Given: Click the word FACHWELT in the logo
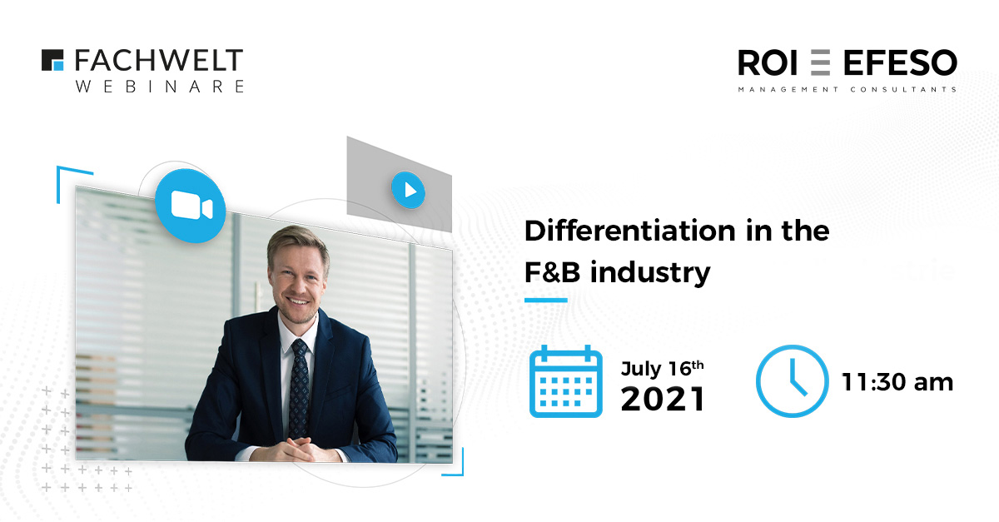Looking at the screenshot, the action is [159, 60].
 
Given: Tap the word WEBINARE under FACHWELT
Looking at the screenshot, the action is [160, 86].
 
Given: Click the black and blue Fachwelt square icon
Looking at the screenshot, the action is [52, 60].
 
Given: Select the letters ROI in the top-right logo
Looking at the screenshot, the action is [767, 63].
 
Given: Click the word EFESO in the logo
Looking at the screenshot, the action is [900, 63].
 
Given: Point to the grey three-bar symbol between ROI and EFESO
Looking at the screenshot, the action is [820, 63].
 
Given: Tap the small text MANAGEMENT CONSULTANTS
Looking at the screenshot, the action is [847, 90].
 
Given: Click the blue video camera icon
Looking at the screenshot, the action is [191, 206].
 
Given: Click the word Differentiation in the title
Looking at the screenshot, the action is [629, 231].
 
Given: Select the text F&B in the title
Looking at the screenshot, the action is [552, 271].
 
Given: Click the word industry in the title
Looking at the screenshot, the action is [650, 273].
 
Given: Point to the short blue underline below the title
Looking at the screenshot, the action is [546, 301].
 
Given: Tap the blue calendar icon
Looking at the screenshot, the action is [566, 381].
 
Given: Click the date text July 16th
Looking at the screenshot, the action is [663, 369].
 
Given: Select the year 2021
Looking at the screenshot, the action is [663, 399].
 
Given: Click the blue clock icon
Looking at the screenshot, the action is [792, 381].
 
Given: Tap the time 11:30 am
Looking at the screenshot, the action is [897, 382].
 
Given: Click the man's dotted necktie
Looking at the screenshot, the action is [299, 387].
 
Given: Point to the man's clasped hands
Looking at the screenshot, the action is [303, 449].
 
